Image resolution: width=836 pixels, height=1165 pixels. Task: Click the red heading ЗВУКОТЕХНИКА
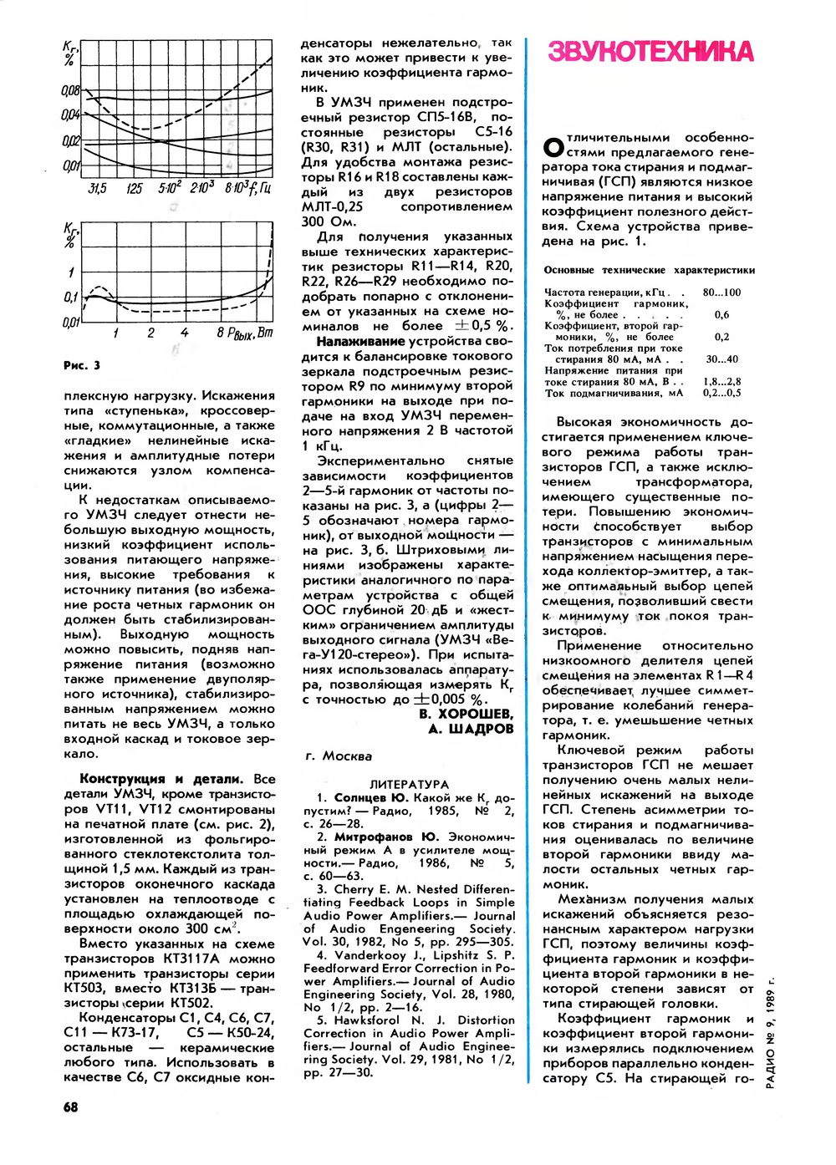pos(650,52)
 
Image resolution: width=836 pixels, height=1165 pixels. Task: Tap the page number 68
pos(71,1106)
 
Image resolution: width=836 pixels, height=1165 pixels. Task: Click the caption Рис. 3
pos(82,365)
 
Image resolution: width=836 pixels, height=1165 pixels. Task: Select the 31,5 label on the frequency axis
pos(97,189)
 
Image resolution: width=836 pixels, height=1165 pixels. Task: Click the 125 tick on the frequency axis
pos(134,189)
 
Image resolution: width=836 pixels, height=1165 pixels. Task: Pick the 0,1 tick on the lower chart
pos(71,297)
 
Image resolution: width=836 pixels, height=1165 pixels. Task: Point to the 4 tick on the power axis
pos(184,333)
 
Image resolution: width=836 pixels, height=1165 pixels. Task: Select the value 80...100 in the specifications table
pos(721,293)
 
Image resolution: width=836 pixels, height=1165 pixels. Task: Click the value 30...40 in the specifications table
pos(721,359)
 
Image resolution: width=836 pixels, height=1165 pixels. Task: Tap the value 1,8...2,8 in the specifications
pos(721,381)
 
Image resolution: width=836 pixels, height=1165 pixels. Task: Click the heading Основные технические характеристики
pos(649,270)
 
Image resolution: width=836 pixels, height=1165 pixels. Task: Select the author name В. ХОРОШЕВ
pos(466,714)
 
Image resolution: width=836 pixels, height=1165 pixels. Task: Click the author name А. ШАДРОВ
pos(471,729)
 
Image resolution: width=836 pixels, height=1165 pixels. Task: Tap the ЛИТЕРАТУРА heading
pos(409,784)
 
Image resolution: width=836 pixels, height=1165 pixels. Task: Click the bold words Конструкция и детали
pos(161,779)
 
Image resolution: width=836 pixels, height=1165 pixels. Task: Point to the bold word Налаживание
pos(360,341)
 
